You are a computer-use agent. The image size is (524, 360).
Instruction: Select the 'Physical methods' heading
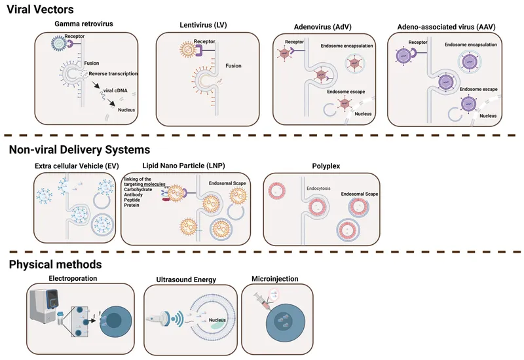(x=56, y=264)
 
